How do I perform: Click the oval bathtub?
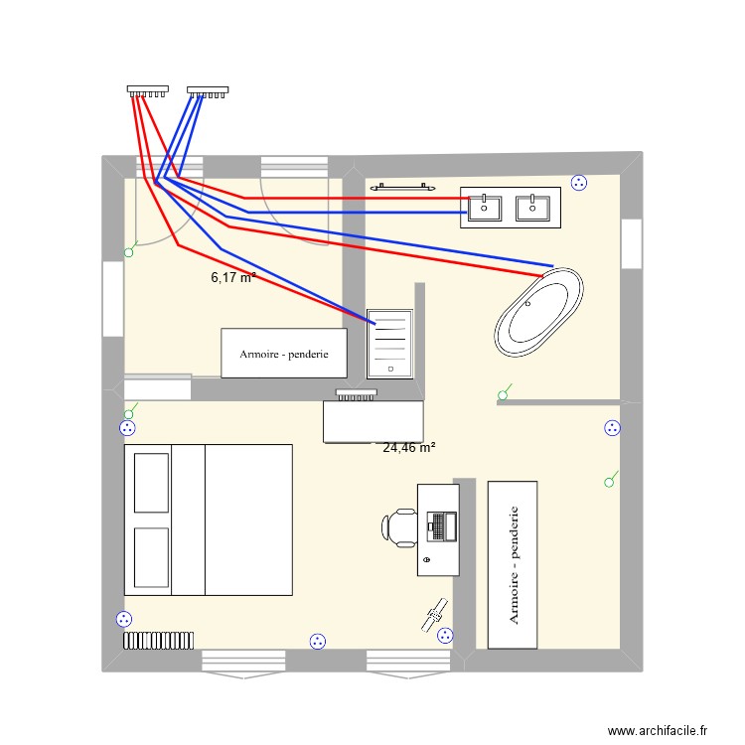(538, 312)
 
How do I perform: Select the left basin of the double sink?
(486, 208)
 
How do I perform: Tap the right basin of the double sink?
(533, 208)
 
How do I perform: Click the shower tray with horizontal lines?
(389, 342)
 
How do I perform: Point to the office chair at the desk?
(402, 526)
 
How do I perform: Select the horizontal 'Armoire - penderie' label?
(283, 354)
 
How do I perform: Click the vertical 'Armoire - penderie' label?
(514, 564)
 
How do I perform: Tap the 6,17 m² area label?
(233, 278)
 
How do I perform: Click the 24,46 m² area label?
(408, 448)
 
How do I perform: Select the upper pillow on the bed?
(150, 483)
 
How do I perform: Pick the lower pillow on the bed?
(150, 558)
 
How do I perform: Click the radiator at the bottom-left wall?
(158, 639)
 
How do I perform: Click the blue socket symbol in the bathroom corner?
(580, 182)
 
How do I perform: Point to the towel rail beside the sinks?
(403, 185)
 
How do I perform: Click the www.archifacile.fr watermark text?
(656, 730)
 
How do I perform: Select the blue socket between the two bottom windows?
(317, 641)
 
